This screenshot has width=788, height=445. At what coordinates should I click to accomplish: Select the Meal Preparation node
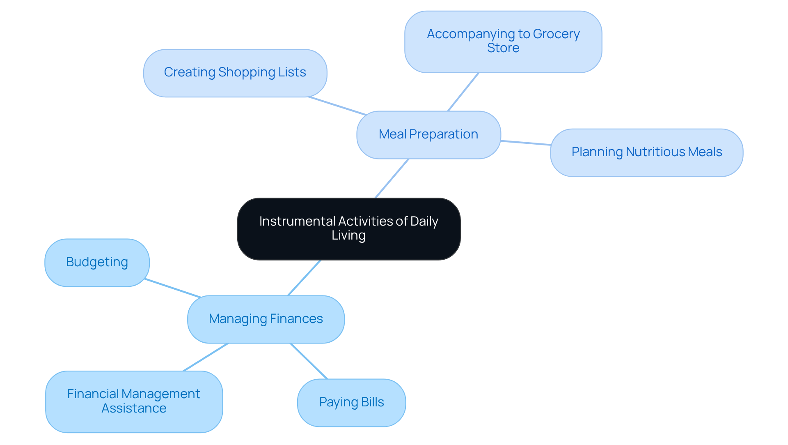point(428,135)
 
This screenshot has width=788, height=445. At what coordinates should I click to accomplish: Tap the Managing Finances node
point(266,319)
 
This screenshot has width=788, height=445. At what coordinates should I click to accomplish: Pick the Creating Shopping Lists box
point(235,73)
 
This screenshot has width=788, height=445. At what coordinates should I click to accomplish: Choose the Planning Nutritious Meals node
point(646,152)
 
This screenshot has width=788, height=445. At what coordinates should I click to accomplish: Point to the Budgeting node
point(97,263)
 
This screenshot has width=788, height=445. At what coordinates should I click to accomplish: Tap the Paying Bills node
point(351,402)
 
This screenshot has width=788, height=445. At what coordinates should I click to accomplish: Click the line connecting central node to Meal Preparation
point(392,178)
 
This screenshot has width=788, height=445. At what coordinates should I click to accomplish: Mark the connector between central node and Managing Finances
point(304,278)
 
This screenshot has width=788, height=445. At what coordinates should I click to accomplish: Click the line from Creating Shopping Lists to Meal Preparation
point(337,106)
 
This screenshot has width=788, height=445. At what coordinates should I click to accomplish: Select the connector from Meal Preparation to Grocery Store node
point(463,92)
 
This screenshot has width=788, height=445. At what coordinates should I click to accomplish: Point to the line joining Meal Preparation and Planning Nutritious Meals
point(525,143)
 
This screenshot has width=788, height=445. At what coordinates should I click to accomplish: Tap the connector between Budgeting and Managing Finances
point(173,288)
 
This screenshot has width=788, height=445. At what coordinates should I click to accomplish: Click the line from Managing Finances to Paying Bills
point(309,361)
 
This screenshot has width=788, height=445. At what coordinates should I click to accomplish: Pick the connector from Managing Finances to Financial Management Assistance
point(206,357)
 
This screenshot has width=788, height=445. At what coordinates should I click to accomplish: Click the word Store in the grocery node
point(503,48)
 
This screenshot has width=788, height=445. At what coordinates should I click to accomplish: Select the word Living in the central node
point(348,235)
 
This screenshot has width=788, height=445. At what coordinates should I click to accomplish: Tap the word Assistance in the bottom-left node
point(134,408)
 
